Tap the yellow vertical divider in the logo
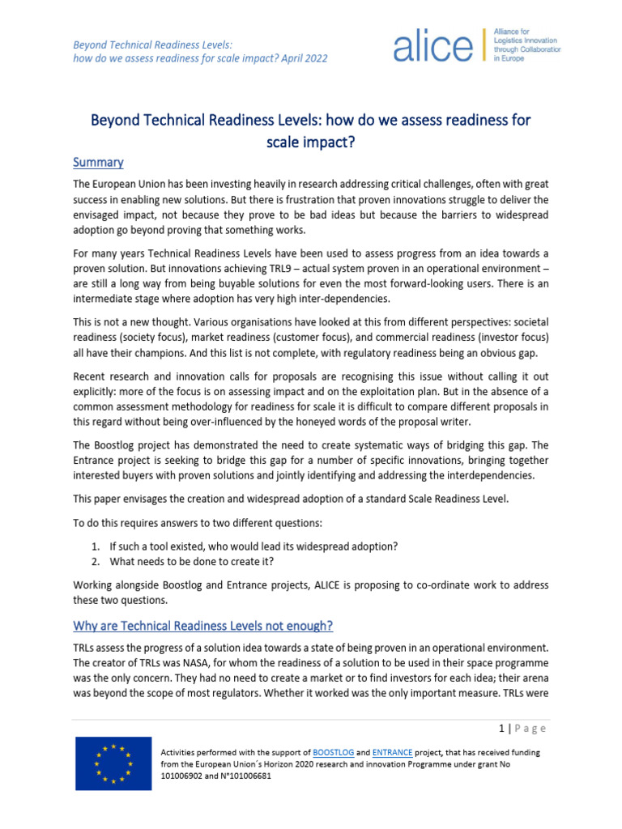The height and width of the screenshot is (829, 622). [484, 46]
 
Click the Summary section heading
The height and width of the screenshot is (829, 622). [98, 162]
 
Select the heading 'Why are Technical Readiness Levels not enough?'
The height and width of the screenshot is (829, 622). [202, 626]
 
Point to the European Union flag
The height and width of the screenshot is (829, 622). [113, 763]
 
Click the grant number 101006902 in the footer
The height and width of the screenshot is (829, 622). [187, 776]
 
